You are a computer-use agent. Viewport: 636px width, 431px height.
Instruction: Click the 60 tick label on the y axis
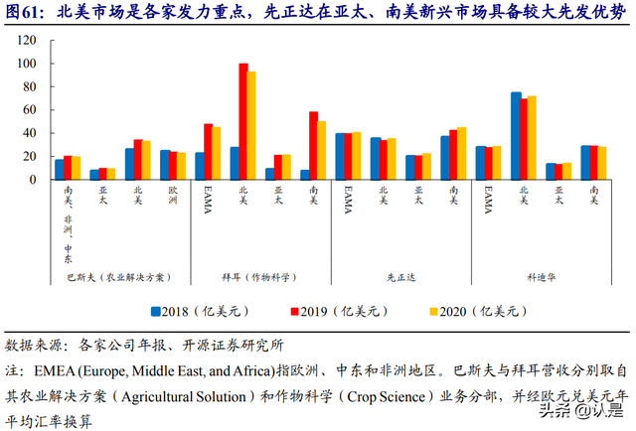pos(31,109)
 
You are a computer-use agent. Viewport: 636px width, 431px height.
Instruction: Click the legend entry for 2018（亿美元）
pos(199,311)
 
